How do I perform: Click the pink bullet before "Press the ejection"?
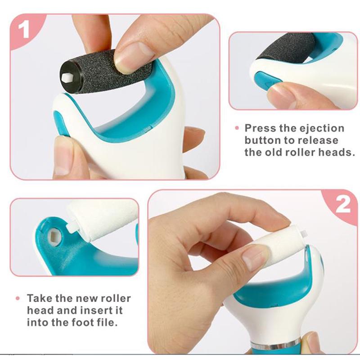[x=237, y=128]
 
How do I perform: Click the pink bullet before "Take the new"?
[x=18, y=298]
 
